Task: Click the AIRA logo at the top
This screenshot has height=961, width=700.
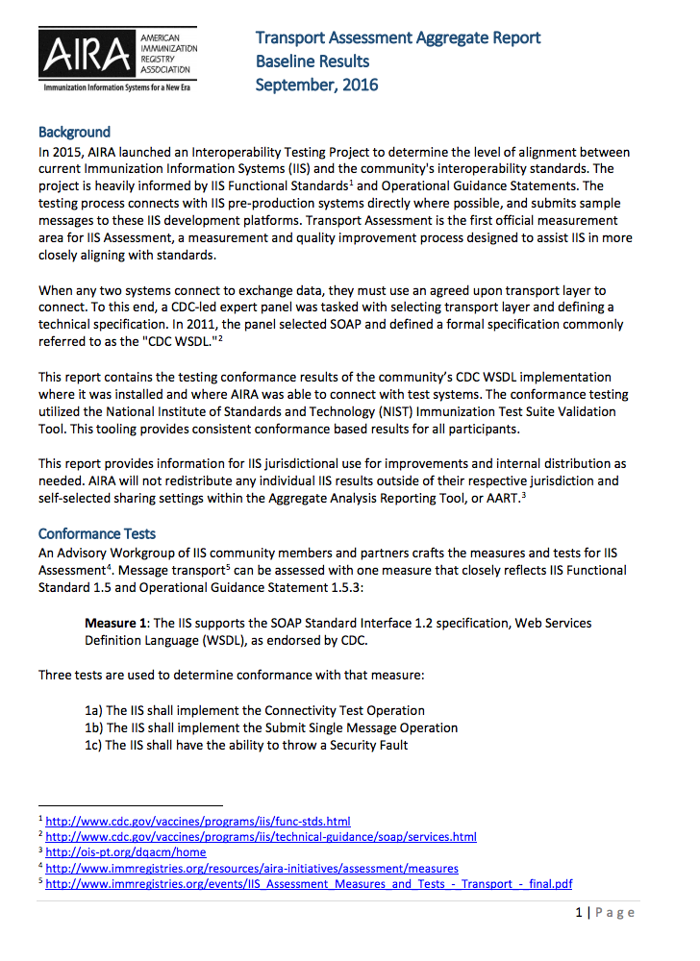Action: [117, 56]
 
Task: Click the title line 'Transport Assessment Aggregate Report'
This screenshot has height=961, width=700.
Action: [397, 38]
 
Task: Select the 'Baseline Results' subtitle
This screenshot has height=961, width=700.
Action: [312, 62]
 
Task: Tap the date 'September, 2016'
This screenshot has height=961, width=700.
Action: [316, 85]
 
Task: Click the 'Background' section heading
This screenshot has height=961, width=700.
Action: [74, 132]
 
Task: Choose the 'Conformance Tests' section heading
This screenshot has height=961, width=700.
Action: [97, 533]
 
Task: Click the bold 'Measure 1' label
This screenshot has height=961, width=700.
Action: [116, 624]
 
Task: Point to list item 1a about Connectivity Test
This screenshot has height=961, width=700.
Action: [255, 710]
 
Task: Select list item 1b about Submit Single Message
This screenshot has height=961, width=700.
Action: [271, 727]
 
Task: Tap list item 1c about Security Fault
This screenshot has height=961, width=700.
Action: [246, 745]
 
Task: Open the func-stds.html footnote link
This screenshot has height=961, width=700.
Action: [198, 822]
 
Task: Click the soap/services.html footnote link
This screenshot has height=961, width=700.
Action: [261, 837]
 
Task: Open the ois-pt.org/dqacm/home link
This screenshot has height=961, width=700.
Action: [126, 852]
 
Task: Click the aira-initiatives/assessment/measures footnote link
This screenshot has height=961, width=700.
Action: [252, 868]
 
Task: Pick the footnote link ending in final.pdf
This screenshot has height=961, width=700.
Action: [309, 883]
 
